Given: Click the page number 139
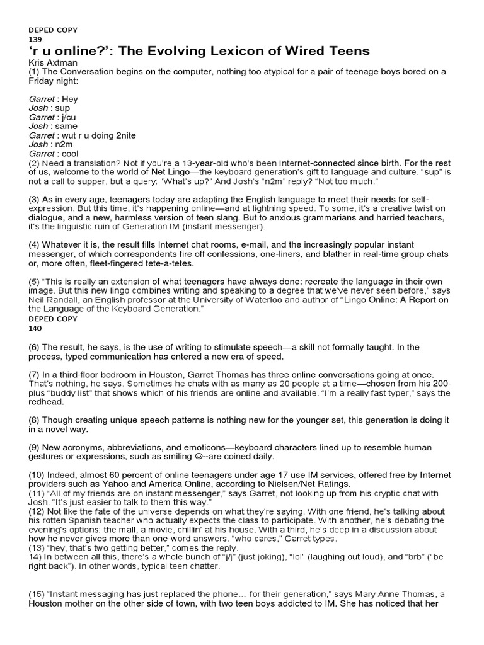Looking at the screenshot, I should tap(35, 39).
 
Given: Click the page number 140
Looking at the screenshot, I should tap(35, 328).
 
